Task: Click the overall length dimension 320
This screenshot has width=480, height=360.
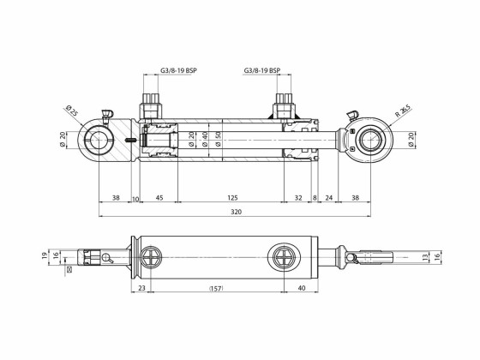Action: click(235, 211)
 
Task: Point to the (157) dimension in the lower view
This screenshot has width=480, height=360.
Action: click(217, 289)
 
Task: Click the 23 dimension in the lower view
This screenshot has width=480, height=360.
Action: click(141, 289)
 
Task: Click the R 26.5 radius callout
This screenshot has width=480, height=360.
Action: click(403, 111)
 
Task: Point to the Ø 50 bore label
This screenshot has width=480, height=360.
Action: click(219, 138)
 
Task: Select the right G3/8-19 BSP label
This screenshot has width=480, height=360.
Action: click(263, 72)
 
